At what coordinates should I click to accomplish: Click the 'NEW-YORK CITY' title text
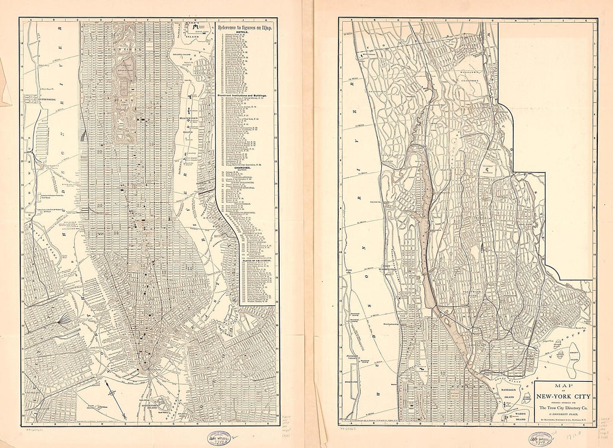pos(562,397)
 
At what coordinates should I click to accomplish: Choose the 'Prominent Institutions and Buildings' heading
pos(244,95)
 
